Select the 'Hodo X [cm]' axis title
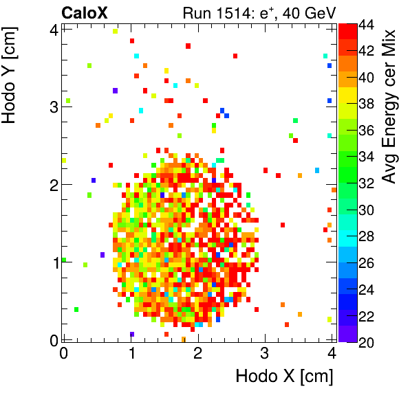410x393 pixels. click(x=284, y=377)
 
